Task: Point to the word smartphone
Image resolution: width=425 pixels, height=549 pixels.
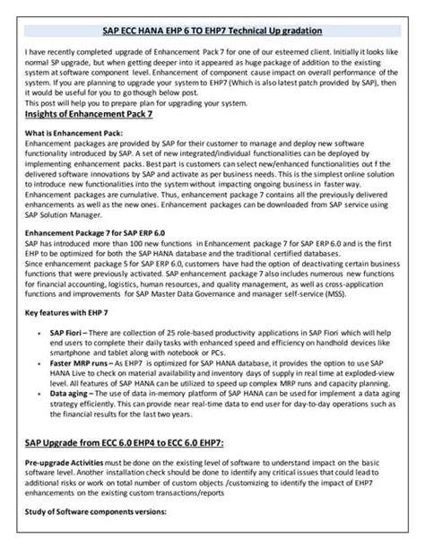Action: [73, 351]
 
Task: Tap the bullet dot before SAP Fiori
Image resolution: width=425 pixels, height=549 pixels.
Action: [41, 332]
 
